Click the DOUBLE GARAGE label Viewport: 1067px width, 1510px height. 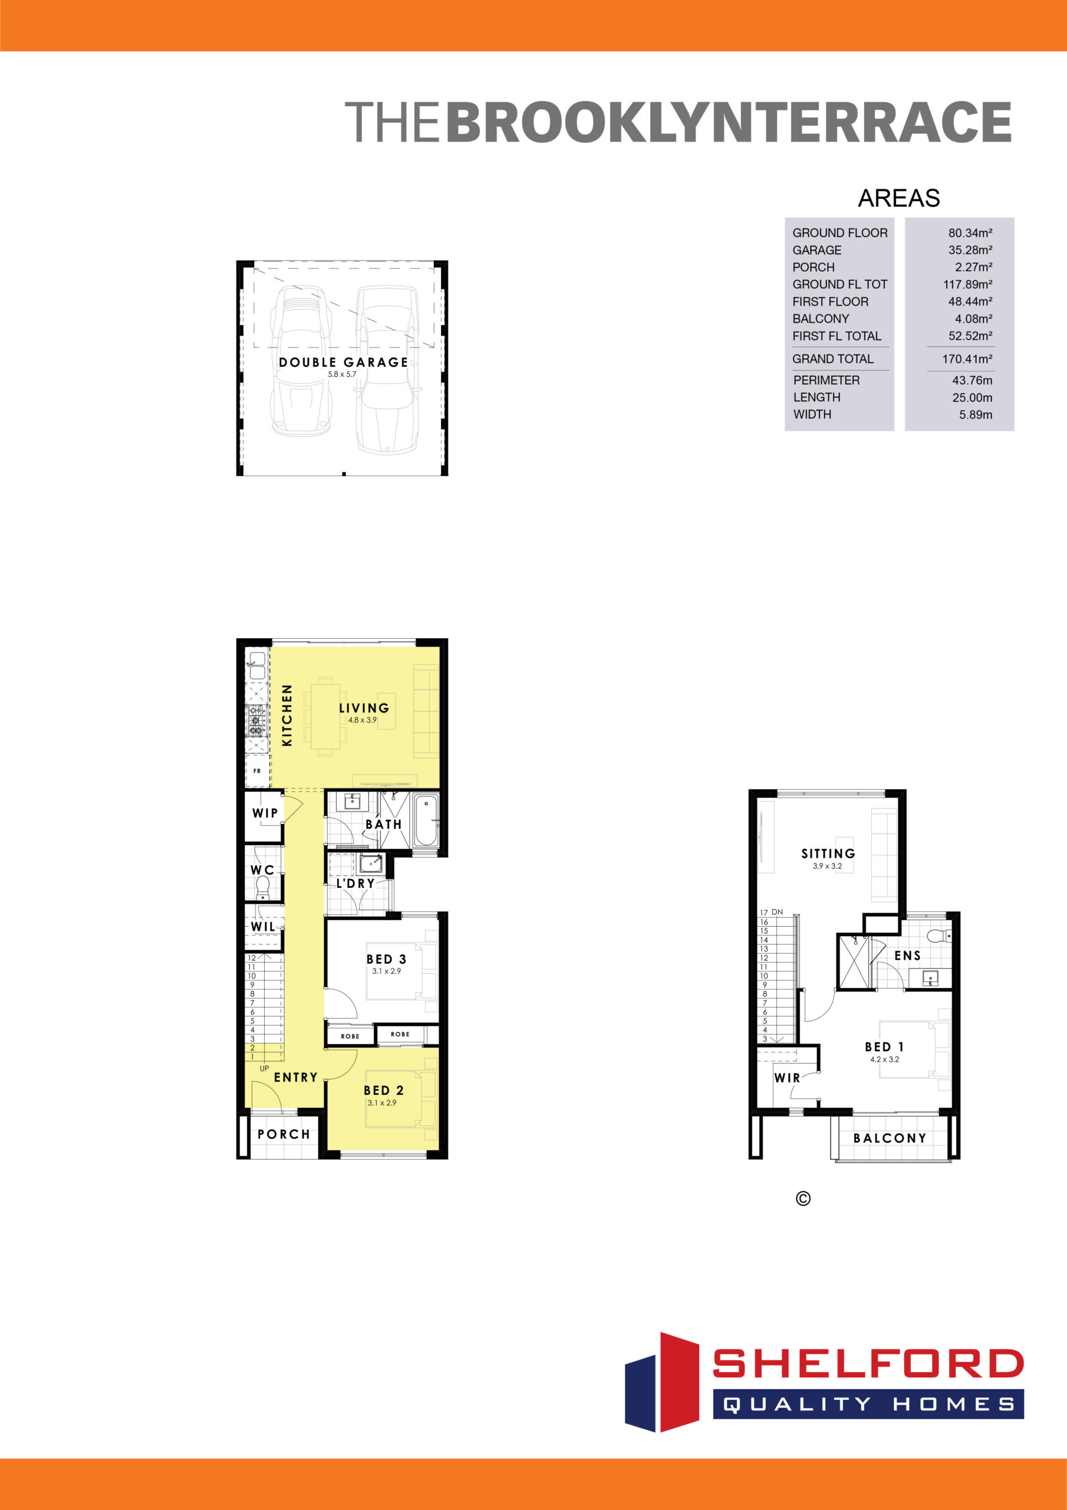click(x=343, y=362)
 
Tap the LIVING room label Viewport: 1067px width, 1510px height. click(x=364, y=708)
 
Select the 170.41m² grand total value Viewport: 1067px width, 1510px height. click(x=967, y=359)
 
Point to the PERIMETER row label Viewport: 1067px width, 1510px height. click(x=826, y=380)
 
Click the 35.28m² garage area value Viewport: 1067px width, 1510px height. click(x=970, y=250)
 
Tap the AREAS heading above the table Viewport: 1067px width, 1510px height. click(x=899, y=198)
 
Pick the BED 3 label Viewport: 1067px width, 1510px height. click(x=386, y=960)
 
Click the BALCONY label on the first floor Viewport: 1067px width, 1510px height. click(x=890, y=1138)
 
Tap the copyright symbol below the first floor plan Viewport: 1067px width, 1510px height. click(x=803, y=1199)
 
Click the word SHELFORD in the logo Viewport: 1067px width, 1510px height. click(x=868, y=1363)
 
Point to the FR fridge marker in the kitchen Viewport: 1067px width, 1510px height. click(x=257, y=771)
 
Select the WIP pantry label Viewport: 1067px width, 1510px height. click(x=265, y=813)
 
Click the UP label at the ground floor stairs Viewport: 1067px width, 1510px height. click(x=264, y=1069)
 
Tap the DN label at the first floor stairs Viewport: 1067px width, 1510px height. click(x=777, y=912)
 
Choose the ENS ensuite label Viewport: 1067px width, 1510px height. click(x=907, y=956)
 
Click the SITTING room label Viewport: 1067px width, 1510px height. click(x=828, y=854)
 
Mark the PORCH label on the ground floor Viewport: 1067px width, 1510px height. click(x=284, y=1134)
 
